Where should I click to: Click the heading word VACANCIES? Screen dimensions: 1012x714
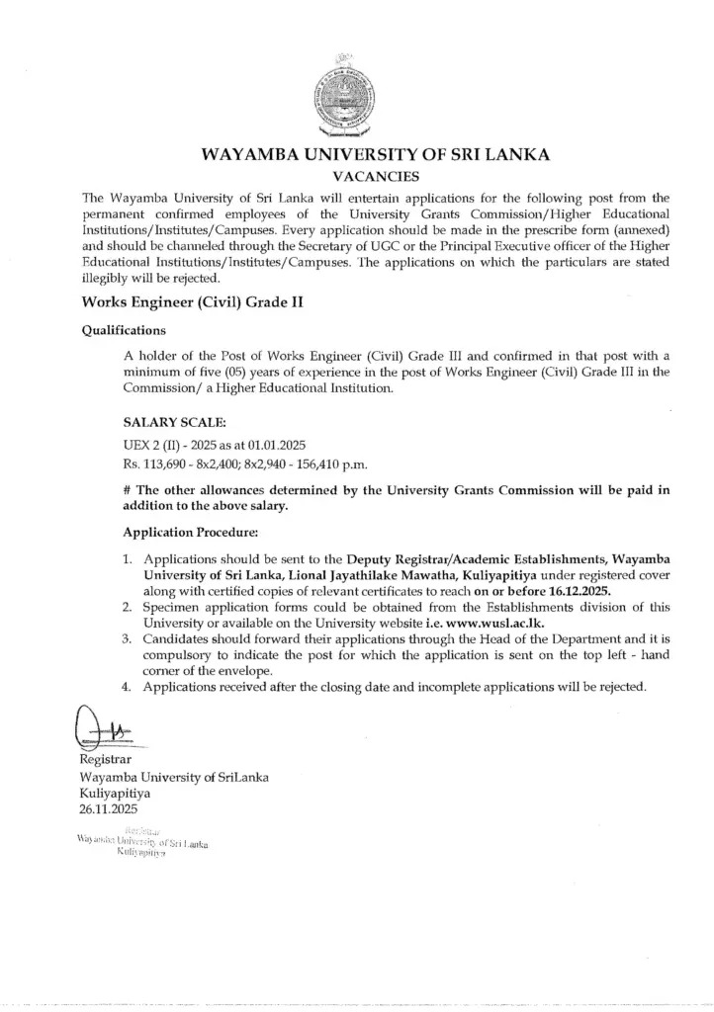coord(356,177)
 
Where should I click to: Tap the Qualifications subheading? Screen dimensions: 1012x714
coord(124,331)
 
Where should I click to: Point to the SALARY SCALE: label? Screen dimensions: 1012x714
coord(166,422)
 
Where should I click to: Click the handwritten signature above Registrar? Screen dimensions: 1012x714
coord(105,731)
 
